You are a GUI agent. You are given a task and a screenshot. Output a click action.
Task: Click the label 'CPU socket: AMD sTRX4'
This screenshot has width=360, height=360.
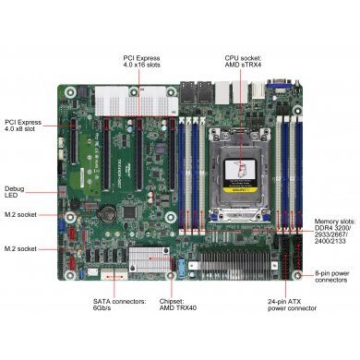point(244,61)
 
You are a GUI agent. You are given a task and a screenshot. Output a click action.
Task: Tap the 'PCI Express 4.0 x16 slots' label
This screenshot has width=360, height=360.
point(143,61)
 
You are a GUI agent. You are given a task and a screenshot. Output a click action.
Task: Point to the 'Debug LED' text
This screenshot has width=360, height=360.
point(16,191)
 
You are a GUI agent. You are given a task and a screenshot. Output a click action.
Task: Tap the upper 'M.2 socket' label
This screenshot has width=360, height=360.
point(21,215)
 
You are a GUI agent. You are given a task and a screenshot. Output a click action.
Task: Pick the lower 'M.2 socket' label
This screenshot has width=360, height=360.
point(21,249)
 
